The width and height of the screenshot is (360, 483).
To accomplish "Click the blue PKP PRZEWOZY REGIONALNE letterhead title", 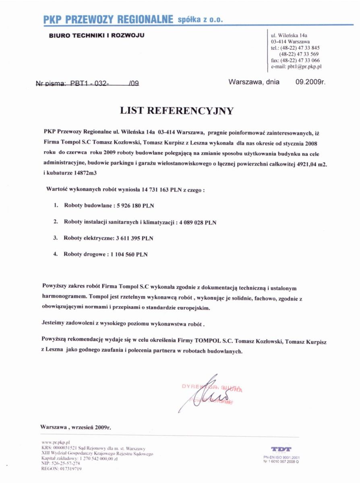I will coord(108,19).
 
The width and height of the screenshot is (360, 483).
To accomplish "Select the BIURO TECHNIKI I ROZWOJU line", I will coord(97,35).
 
